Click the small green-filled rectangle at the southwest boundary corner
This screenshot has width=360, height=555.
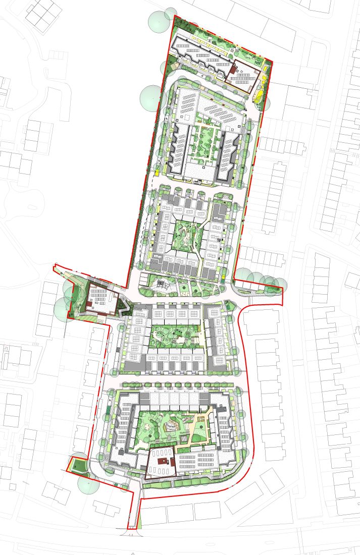(x=78, y=463)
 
